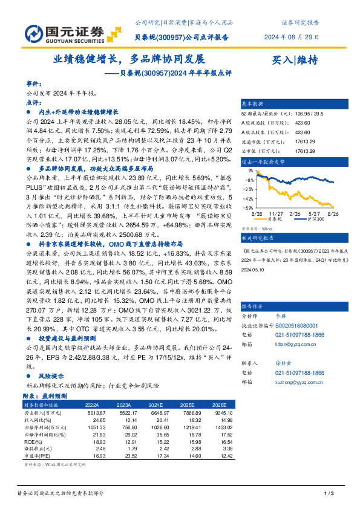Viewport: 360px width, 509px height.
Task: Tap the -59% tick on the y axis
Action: click(x=249, y=207)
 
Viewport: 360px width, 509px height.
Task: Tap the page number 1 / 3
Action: click(x=330, y=494)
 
